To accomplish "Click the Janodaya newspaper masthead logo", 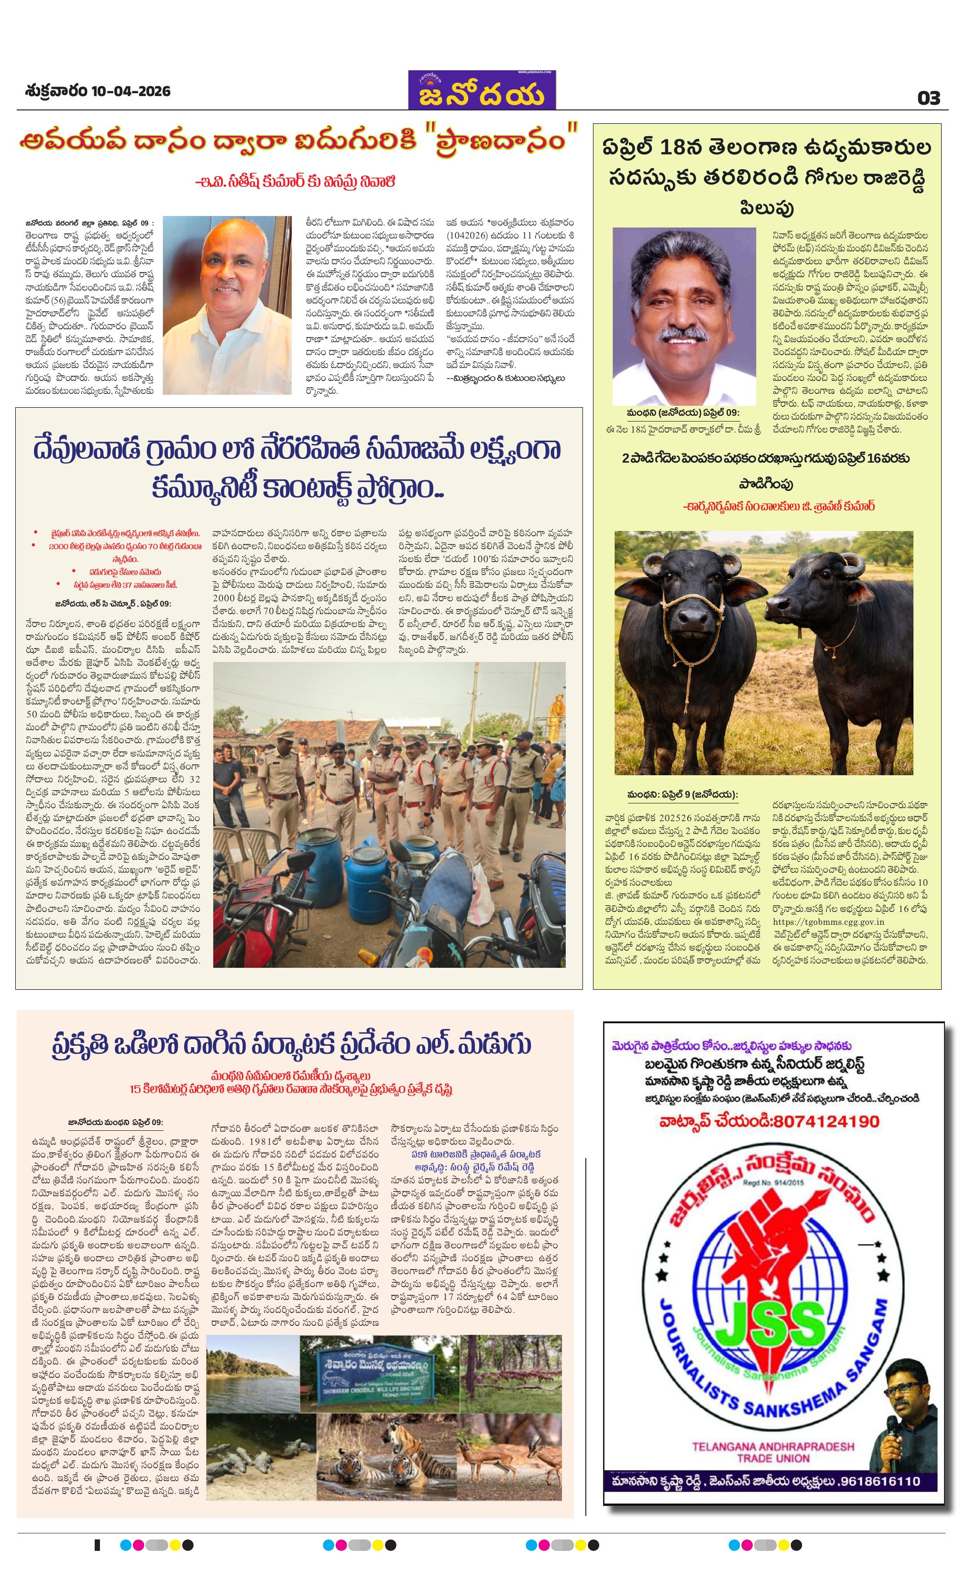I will tap(482, 91).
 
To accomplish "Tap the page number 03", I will tap(928, 98).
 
